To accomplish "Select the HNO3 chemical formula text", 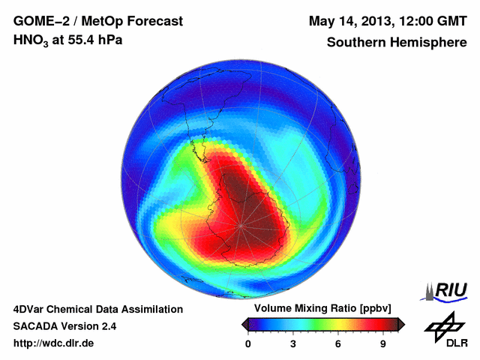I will [x=33, y=40].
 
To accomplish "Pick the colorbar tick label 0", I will [x=248, y=344].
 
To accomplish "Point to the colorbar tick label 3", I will [x=293, y=344].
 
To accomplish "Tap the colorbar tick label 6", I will [x=338, y=344].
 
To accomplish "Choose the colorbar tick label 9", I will [x=383, y=344].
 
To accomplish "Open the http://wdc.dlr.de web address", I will [x=54, y=343].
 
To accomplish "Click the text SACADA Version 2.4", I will [x=65, y=326].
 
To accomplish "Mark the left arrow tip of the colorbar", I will [x=243, y=324].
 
